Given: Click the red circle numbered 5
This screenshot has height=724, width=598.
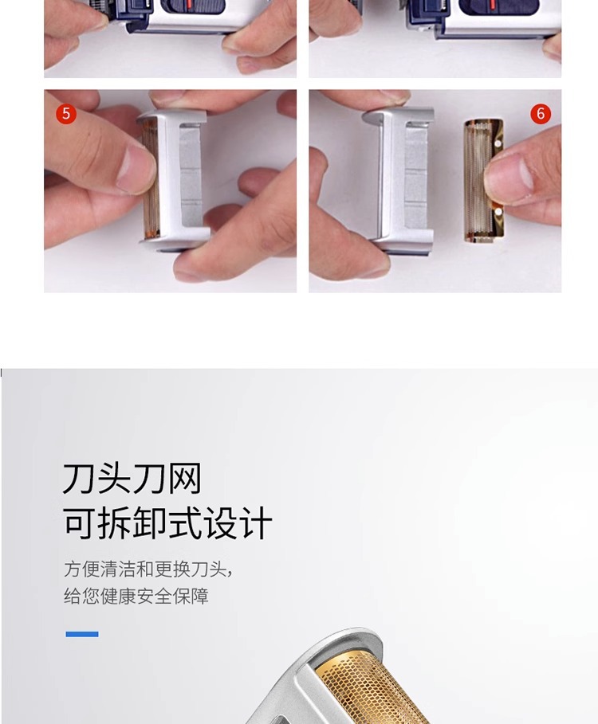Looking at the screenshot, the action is coord(66,114).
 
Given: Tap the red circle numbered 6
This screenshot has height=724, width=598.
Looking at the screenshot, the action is coord(541,114).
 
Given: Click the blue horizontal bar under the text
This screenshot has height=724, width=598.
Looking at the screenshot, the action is coord(82,634).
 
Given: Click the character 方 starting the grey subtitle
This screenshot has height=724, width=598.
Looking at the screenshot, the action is coord(73,569).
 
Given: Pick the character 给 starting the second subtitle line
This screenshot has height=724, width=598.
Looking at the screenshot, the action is coord(73,596).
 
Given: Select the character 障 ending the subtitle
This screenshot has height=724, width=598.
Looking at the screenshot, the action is coord(200,596).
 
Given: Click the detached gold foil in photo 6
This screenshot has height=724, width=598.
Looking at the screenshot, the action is coord(483,181).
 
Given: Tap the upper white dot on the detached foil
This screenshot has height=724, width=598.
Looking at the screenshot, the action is coord(498,143).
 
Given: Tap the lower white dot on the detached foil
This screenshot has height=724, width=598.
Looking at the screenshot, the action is coord(498,212).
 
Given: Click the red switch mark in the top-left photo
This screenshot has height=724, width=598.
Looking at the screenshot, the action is coord(189,5).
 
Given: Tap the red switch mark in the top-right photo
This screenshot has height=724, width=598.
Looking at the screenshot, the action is coord(493,4).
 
